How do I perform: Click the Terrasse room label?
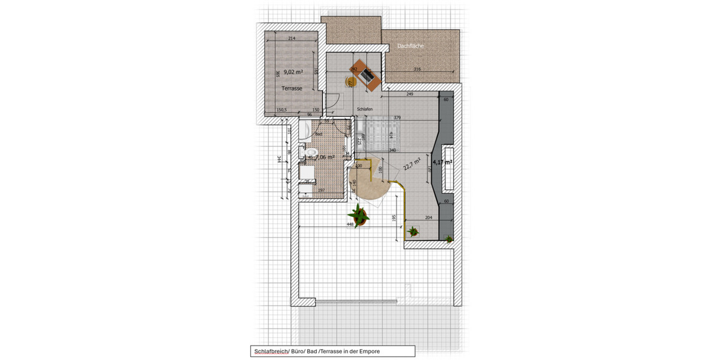tap(292, 88)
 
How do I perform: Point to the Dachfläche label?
tap(410, 46)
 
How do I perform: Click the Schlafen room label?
tap(365, 109)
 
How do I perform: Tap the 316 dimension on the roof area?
tap(417, 70)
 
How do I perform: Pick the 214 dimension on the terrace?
tap(292, 39)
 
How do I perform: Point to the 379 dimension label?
tap(397, 118)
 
